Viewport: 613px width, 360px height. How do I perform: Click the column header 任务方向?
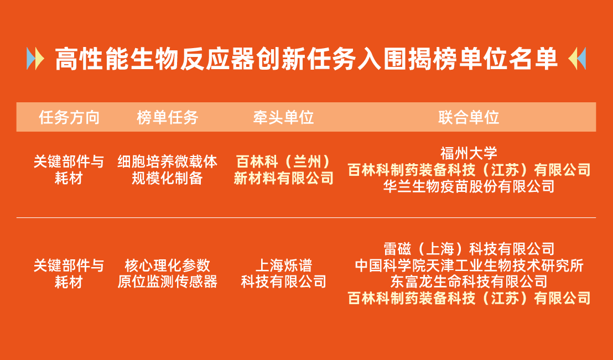69,117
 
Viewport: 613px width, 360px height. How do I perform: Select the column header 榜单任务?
168,117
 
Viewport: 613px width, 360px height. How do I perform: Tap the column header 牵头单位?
283,117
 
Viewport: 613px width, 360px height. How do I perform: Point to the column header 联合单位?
469,117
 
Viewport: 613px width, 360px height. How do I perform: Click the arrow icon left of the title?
35,59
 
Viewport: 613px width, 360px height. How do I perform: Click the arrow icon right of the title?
577,59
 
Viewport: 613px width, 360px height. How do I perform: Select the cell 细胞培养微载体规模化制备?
168,170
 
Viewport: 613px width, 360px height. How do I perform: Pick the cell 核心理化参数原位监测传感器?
168,273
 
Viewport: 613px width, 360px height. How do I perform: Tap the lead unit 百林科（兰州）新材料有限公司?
283,170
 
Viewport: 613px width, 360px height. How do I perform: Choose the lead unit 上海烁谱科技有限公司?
283,273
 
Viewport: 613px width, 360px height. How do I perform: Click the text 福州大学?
469,153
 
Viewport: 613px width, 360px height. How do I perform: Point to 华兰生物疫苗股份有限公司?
469,186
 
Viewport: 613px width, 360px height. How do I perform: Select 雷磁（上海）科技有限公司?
469,249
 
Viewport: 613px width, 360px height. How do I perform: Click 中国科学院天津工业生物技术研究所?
469,265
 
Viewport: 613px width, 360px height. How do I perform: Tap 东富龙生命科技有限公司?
469,282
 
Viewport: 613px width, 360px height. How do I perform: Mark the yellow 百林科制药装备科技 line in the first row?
469,170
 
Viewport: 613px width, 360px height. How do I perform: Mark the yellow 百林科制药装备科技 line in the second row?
469,299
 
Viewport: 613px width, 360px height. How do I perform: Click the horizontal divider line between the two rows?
306,218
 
